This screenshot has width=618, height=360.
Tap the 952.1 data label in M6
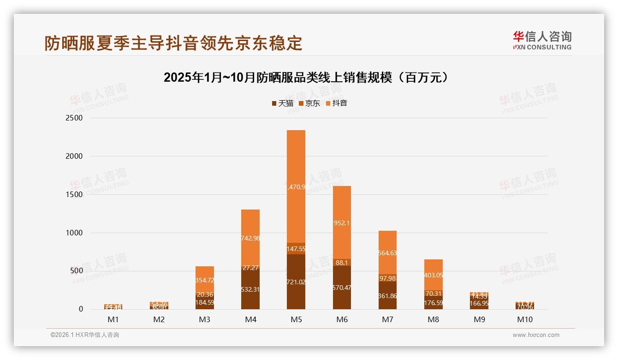(342, 223)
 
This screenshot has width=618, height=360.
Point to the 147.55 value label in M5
(296, 249)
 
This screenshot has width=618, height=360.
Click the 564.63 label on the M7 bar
(387, 253)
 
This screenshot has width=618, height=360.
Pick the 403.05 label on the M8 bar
(434, 275)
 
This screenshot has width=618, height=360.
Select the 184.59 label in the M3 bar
(204, 303)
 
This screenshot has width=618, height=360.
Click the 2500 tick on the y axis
(74, 118)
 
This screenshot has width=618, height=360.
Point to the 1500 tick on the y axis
(74, 194)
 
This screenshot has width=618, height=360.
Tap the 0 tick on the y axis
(80, 309)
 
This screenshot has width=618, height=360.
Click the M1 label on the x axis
(113, 319)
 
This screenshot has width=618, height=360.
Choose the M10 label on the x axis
(525, 319)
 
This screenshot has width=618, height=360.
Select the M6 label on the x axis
(342, 319)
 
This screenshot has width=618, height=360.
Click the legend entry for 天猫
(282, 103)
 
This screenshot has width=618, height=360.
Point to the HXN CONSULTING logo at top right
(542, 41)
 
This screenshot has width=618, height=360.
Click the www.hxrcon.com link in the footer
(536, 335)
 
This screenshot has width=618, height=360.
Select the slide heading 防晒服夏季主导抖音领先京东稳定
(173, 43)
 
